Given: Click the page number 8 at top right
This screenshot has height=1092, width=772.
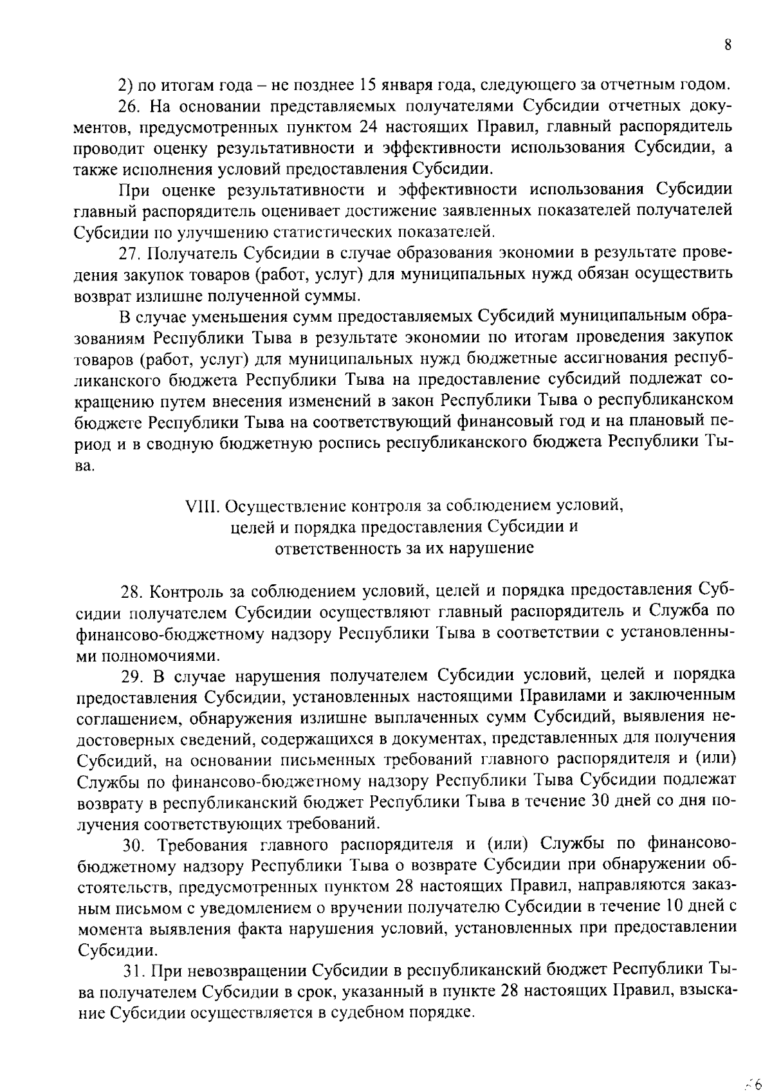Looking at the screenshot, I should pyautogui.click(x=728, y=45).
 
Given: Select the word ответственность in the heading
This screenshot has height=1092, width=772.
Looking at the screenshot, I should pyautogui.click(x=327, y=548).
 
